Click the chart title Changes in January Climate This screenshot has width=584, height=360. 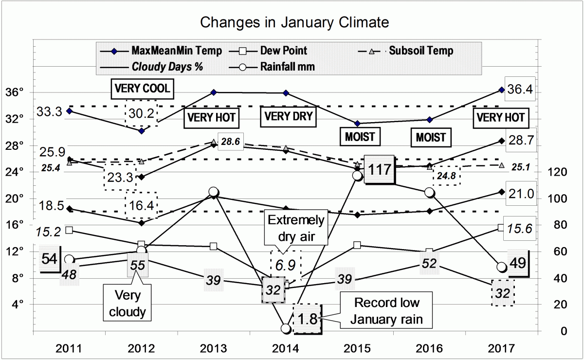click(294, 22)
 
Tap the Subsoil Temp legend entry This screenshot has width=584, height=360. click(421, 51)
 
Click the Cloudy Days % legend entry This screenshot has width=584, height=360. click(167, 67)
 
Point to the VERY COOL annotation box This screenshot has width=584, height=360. click(142, 88)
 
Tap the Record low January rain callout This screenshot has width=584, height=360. click(386, 311)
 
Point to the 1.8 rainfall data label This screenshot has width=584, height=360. click(307, 319)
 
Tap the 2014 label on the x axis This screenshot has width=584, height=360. click(286, 348)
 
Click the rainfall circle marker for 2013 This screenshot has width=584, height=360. click(213, 192)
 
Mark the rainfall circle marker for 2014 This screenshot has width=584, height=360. click(286, 329)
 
